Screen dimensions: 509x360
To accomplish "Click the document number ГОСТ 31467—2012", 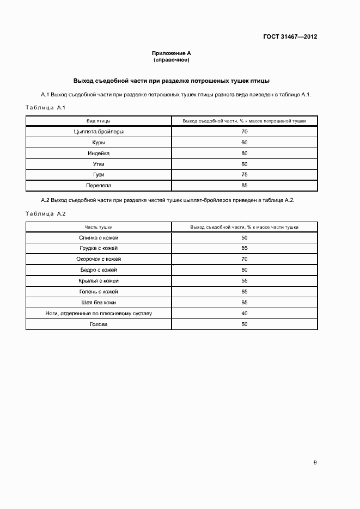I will (291, 38).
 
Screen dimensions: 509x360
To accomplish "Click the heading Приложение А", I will (171, 53).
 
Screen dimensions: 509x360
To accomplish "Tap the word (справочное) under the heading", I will (171, 59).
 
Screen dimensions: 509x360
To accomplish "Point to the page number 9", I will (315, 463).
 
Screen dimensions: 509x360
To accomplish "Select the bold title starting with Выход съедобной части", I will (172, 80).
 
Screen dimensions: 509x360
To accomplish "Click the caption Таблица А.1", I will (46, 108).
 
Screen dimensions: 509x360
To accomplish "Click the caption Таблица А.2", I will (46, 213).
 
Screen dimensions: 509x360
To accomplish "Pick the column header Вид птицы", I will (99, 121).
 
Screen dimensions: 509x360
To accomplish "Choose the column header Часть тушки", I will (99, 227).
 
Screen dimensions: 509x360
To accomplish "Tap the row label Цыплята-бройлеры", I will (99, 132).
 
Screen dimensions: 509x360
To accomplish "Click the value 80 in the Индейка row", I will (244, 153).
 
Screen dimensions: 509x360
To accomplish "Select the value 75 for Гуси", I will (244, 175).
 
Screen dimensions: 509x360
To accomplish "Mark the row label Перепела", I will (99, 186).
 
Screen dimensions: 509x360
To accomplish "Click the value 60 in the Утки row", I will (244, 164).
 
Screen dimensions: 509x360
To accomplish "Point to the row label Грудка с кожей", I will (99, 248).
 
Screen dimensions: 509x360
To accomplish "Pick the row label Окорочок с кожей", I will (99, 259).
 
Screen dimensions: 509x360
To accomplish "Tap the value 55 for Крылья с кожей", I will (244, 281).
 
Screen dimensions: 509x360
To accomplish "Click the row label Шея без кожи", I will (99, 302).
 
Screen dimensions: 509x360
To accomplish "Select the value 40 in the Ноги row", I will (244, 313).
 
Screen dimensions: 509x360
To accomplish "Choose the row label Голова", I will (99, 324).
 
